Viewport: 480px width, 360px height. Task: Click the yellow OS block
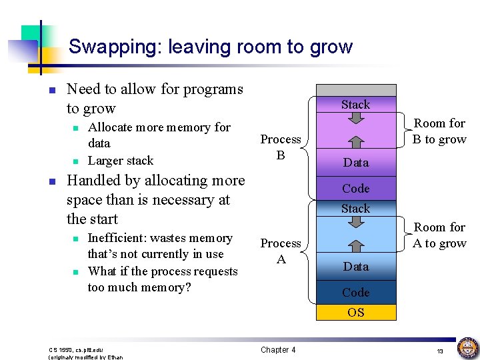[x=355, y=312]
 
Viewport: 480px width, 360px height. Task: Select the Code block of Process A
[x=355, y=292]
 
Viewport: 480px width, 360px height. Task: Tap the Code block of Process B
[x=355, y=188]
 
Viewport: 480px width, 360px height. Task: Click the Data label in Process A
[x=355, y=266]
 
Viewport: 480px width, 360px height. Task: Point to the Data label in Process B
[x=355, y=162]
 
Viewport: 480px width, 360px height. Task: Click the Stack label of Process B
[x=355, y=104]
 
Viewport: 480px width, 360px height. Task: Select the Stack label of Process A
[x=355, y=208]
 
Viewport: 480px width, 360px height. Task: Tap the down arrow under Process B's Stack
[x=355, y=117]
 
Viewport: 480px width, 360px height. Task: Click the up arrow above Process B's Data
[x=355, y=142]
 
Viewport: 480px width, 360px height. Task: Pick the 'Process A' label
[x=281, y=251]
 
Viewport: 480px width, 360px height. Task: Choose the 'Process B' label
[x=281, y=147]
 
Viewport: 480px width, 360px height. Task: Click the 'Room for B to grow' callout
[x=439, y=131]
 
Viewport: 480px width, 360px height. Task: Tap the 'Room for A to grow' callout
[x=439, y=235]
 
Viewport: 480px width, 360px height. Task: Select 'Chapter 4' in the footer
[x=278, y=349]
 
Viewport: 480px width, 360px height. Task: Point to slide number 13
[x=440, y=351]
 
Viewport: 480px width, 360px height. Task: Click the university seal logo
[x=467, y=348]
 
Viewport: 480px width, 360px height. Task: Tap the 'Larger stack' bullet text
[x=121, y=161]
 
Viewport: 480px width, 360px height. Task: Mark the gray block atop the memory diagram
[x=355, y=90]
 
